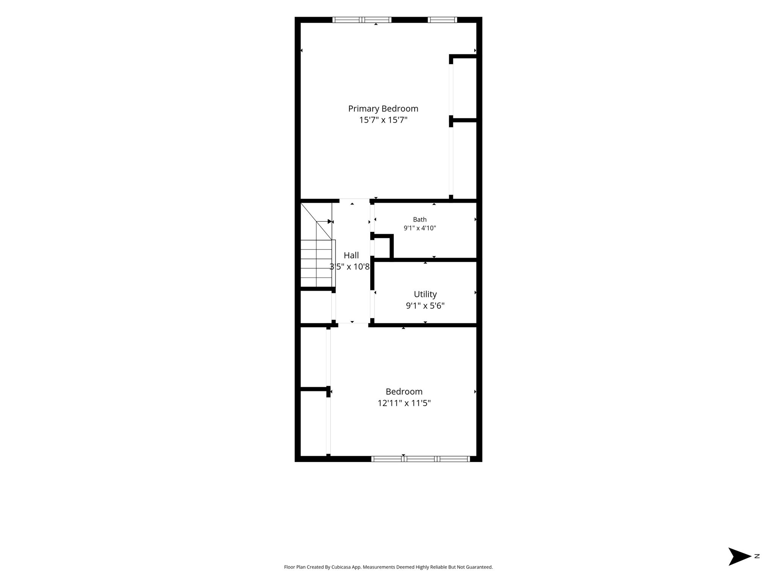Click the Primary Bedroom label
(x=383, y=109)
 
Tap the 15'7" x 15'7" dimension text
(x=383, y=120)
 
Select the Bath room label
(x=420, y=219)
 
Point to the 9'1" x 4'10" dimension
(x=420, y=228)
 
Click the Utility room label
(x=425, y=295)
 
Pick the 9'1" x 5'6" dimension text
(x=425, y=306)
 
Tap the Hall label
(x=351, y=255)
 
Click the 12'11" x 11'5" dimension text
(x=404, y=403)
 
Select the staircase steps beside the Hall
(x=316, y=263)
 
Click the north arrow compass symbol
(x=739, y=556)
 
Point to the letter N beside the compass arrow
(x=757, y=556)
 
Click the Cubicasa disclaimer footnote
(x=388, y=567)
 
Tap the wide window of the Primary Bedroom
(x=362, y=20)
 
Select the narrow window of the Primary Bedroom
(x=442, y=20)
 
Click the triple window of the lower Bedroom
(x=420, y=459)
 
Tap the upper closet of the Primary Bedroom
(x=465, y=88)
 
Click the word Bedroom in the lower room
(x=404, y=392)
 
